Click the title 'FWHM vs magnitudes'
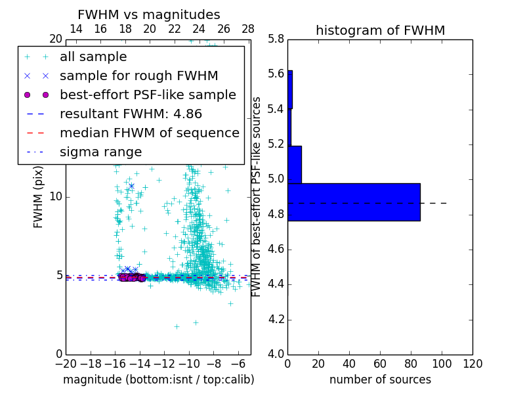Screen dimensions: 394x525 pos(149,14)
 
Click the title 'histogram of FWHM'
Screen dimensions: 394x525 pos(380,30)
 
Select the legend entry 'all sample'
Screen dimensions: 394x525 pos(93,57)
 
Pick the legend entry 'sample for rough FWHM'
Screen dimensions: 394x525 pos(138,76)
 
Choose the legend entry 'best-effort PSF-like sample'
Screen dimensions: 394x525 pos(148,95)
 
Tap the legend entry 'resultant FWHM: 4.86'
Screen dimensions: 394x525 pos(130,114)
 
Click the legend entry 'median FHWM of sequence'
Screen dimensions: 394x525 pos(149,133)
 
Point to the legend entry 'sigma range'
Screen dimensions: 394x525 pos(100,152)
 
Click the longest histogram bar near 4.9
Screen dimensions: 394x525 pos(354,202)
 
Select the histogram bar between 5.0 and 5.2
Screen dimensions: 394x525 pos(295,164)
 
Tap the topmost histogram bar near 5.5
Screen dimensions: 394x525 pos(290,89)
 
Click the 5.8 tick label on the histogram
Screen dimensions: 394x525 pos(276,39)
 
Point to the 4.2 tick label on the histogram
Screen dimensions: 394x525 pos(276,320)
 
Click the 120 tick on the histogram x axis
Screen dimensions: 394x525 pos(472,364)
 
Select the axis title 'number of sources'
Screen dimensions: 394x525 pos(380,380)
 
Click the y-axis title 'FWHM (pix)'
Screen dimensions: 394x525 pos(39,196)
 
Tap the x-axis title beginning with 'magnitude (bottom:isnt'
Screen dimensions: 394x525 pos(158,380)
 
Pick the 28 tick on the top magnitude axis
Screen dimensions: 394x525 pos(248,29)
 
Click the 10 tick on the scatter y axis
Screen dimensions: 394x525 pos(56,196)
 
